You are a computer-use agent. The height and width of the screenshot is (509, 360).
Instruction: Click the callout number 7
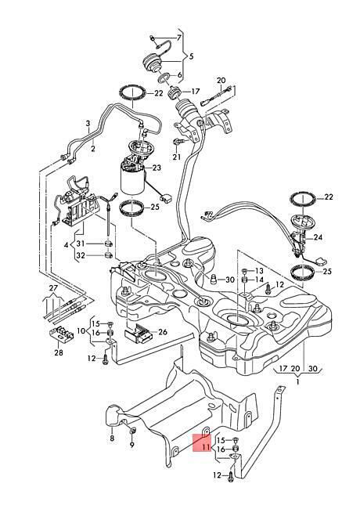[x=179, y=38]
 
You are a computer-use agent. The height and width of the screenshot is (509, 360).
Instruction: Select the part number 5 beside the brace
[x=191, y=56]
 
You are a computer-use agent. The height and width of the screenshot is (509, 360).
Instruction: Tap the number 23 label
[x=157, y=168]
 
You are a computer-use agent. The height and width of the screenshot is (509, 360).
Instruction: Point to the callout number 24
[x=319, y=237]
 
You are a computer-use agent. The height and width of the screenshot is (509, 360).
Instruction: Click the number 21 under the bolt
[x=176, y=157]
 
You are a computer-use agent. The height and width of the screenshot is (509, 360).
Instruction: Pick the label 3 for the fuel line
[x=88, y=124]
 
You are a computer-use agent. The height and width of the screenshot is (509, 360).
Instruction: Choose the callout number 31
[x=81, y=244]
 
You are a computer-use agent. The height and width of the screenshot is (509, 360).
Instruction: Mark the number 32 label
[x=81, y=255]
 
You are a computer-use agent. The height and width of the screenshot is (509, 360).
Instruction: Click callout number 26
[x=163, y=332]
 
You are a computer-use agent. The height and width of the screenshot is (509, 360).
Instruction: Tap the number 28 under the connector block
[x=59, y=352]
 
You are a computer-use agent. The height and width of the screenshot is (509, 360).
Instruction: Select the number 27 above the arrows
[x=53, y=288]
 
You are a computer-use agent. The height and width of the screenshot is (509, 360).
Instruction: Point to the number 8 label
[x=112, y=439]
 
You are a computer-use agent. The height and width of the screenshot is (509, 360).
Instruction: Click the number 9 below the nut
[x=131, y=445]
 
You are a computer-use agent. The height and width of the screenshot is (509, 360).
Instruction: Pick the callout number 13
[x=260, y=271]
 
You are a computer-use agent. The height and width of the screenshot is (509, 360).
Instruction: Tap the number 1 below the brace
[x=298, y=382]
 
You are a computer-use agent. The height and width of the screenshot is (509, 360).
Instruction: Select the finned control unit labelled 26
[x=137, y=334]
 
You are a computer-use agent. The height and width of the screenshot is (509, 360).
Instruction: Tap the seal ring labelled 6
[x=164, y=78]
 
